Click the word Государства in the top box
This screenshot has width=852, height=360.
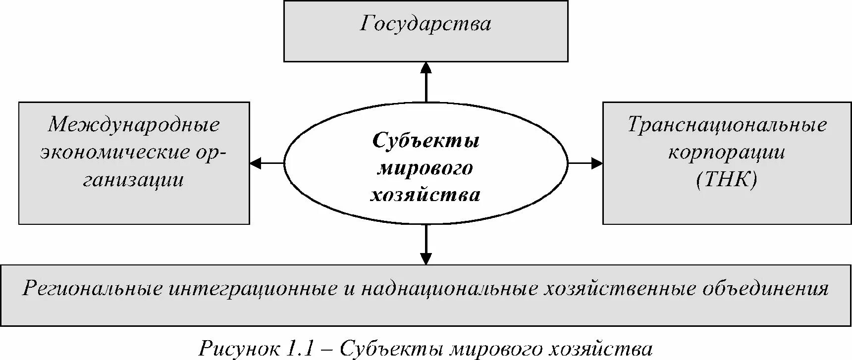tap(426, 24)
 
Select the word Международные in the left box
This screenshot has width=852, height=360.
tap(134, 124)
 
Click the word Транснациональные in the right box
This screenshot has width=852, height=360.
tap(727, 124)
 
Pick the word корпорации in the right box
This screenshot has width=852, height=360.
tap(727, 152)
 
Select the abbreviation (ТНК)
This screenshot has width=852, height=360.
tap(727, 179)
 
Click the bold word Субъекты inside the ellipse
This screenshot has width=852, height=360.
tap(426, 141)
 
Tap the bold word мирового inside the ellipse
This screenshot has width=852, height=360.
tap(426, 168)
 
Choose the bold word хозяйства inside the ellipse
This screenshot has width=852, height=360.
tap(426, 195)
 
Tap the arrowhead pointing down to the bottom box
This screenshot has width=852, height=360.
tap(426, 258)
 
